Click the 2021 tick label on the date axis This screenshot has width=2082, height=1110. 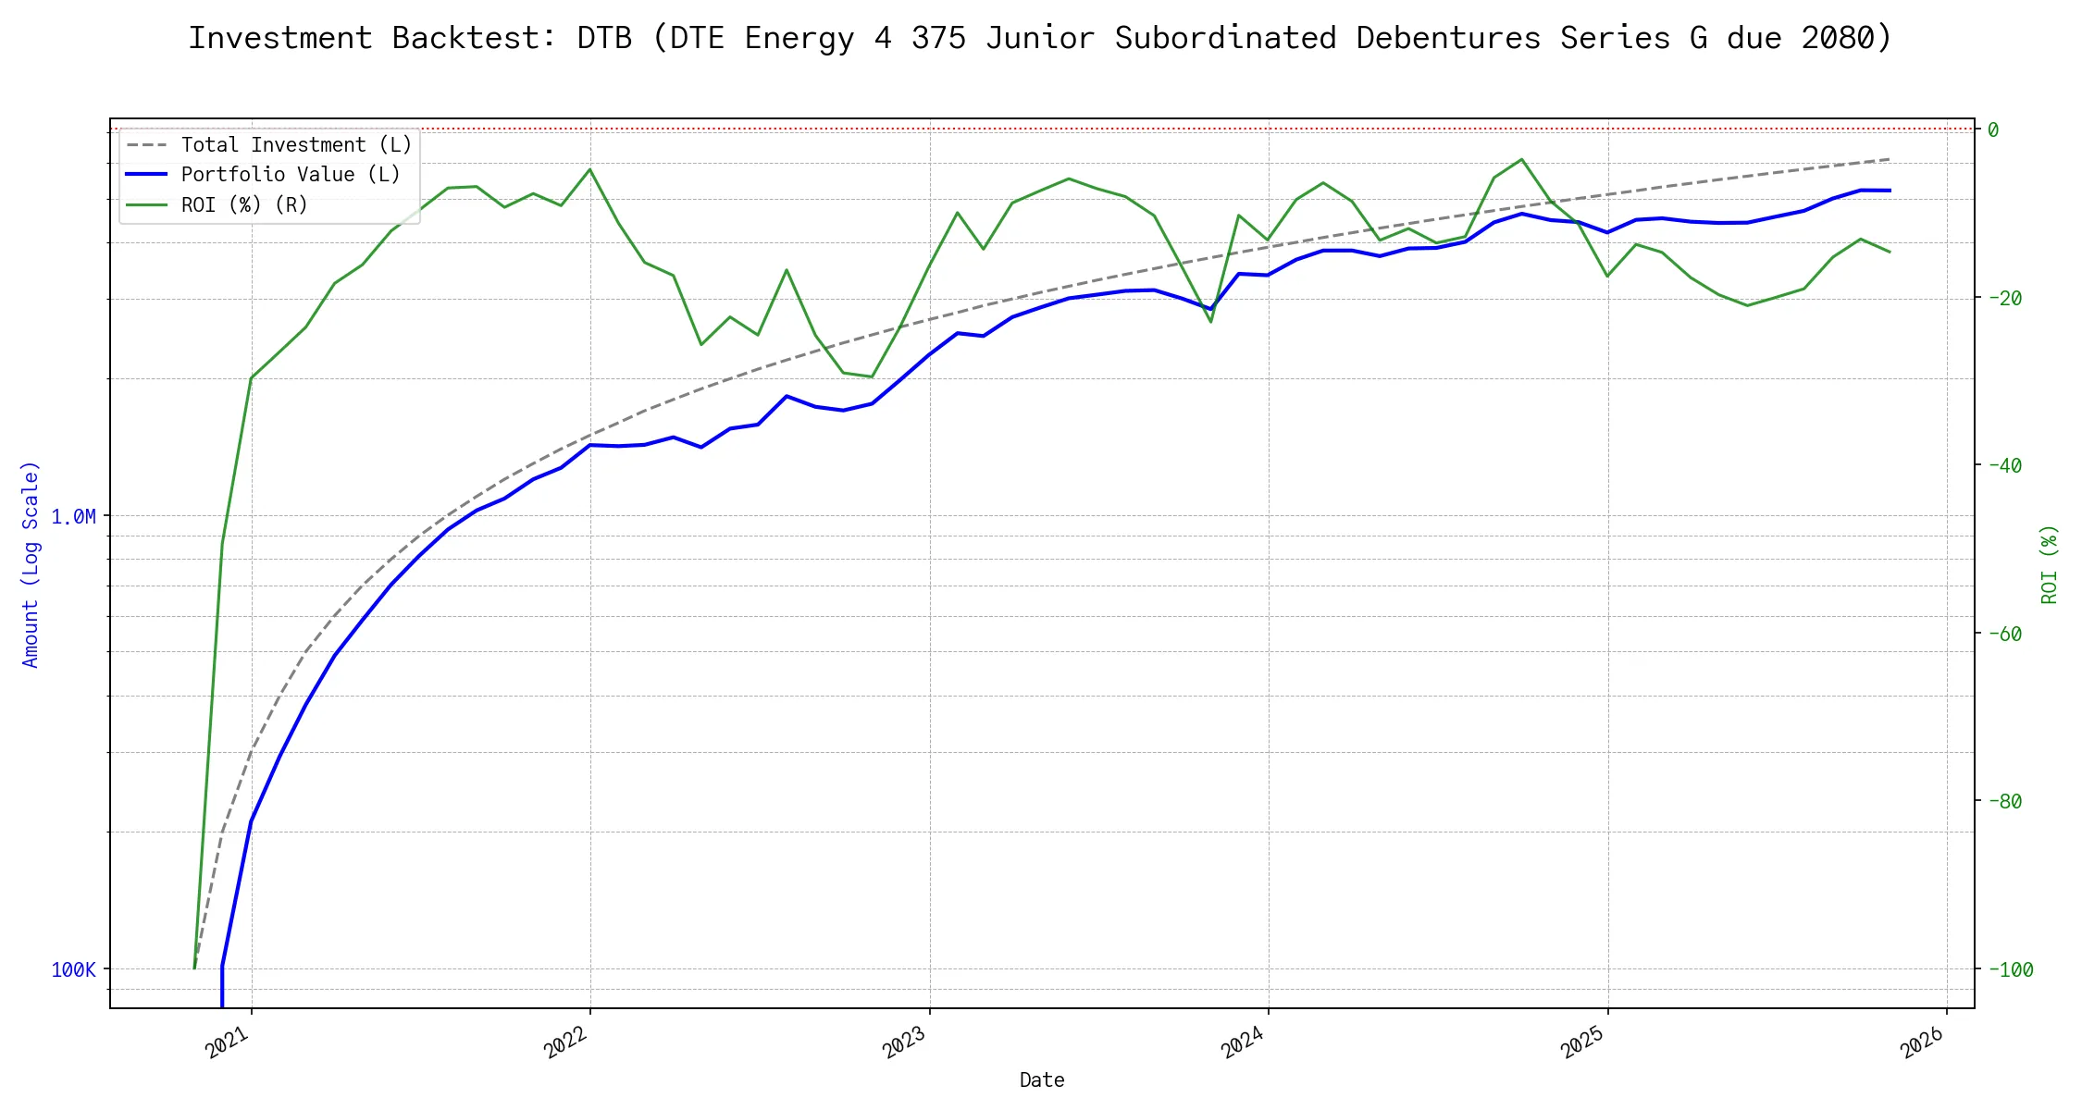[229, 1043]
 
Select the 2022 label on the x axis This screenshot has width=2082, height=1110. [567, 1043]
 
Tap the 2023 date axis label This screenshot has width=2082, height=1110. [906, 1043]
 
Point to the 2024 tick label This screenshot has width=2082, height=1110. [1245, 1043]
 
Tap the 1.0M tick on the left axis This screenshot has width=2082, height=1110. [73, 516]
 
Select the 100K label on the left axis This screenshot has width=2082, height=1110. [73, 969]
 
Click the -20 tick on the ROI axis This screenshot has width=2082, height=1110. [2004, 298]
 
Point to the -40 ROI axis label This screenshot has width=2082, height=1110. [2004, 465]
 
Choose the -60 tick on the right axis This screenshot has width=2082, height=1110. [2004, 634]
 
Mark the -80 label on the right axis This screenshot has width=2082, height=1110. [2004, 801]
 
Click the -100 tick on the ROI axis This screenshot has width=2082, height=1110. [2010, 969]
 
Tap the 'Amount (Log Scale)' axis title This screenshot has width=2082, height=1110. [31, 564]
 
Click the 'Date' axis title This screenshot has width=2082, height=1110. [1042, 1079]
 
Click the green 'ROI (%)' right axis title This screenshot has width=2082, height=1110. [2050, 564]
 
